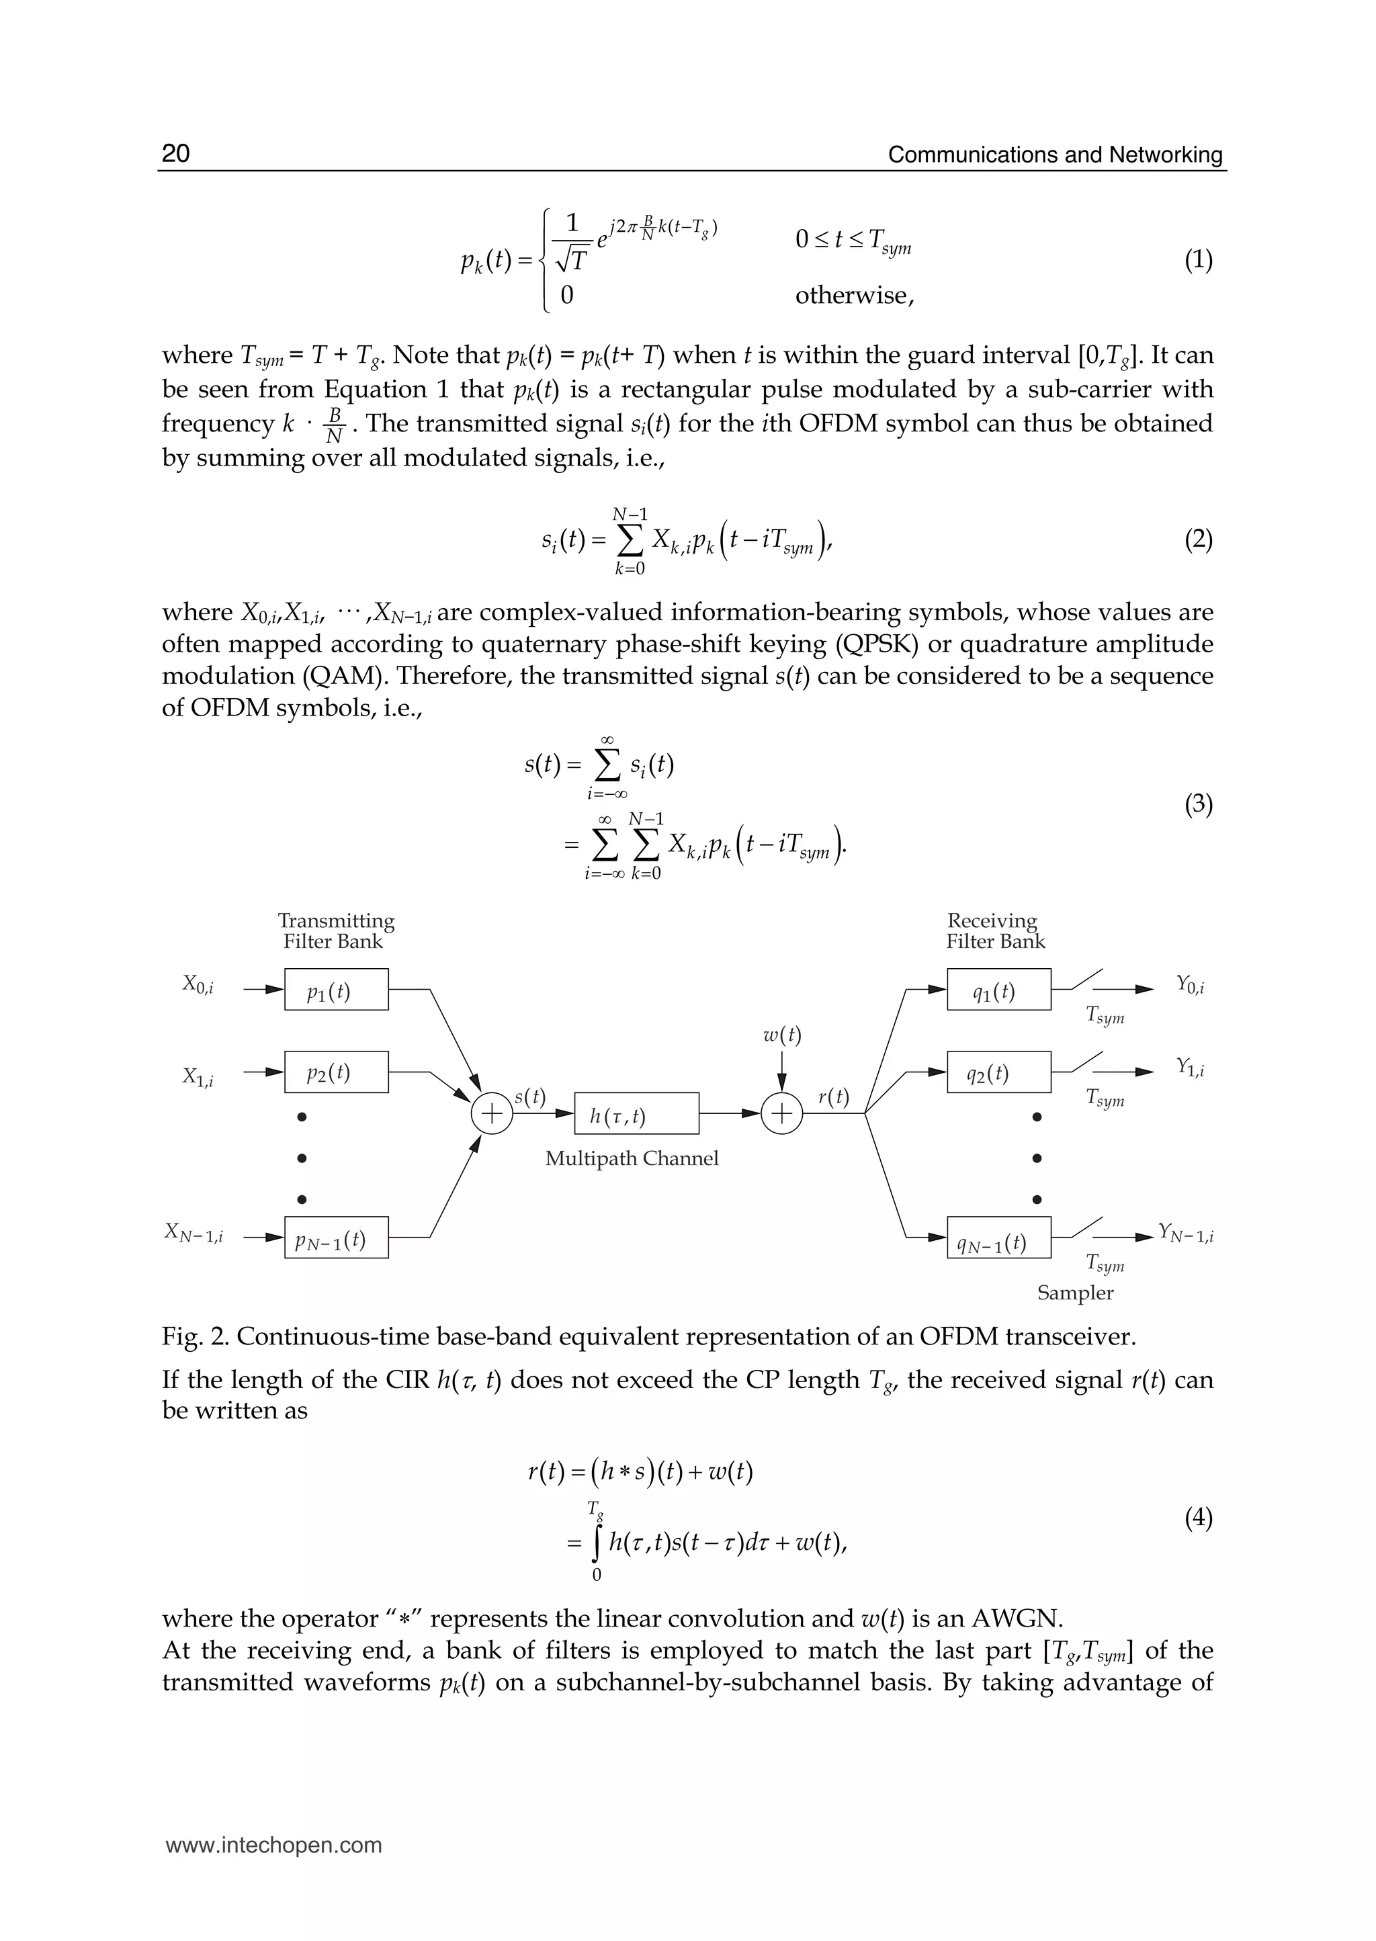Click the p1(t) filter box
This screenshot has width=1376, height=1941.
[337, 990]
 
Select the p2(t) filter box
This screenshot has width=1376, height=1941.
[337, 1072]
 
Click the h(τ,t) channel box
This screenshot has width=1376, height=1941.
[636, 1113]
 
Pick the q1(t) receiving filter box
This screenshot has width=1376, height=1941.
[999, 990]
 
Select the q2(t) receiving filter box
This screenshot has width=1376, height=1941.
[999, 1072]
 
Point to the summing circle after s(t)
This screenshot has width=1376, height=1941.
[491, 1113]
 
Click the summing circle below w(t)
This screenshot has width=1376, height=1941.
[781, 1113]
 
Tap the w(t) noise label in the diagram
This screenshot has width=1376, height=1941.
[781, 1035]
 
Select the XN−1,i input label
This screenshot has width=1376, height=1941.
[194, 1233]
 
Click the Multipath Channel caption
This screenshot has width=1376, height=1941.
[632, 1158]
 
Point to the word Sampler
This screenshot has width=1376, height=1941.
[1074, 1293]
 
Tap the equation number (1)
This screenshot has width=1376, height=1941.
[1198, 260]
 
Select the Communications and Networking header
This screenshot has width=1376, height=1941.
[1055, 155]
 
